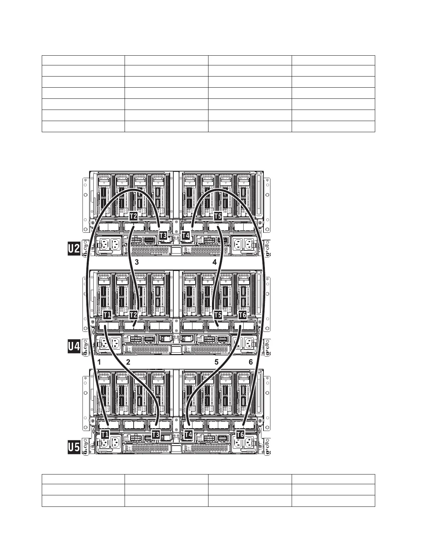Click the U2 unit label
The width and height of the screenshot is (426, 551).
point(74,249)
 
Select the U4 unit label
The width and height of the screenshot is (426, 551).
point(74,346)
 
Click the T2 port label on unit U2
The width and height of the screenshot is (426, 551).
point(133,216)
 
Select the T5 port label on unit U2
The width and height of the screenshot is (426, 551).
point(218,216)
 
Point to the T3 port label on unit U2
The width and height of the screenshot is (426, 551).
point(163,235)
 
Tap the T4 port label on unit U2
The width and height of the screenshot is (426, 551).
point(186,235)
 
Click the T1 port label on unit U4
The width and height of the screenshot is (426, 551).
point(107,315)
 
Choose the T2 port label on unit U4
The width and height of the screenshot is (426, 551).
point(133,315)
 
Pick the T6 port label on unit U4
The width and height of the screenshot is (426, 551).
point(243,315)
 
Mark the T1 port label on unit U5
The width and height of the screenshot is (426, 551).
point(105,434)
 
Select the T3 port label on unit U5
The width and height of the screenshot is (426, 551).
point(156,434)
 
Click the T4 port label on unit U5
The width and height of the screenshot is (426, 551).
point(188,434)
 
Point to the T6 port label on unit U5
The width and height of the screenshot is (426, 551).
point(240,434)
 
